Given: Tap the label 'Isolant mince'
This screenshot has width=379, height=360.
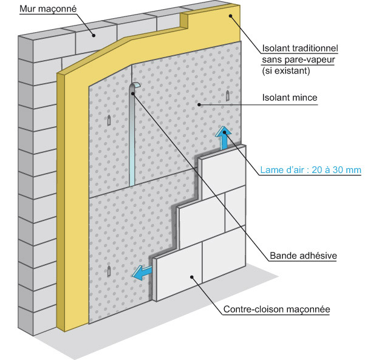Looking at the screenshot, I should point(290,97).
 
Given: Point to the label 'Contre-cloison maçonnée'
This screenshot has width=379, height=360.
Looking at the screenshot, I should point(276,310).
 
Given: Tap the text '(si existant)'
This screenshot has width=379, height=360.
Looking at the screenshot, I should point(285,70).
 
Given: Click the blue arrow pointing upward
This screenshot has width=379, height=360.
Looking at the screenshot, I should point(225,138).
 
